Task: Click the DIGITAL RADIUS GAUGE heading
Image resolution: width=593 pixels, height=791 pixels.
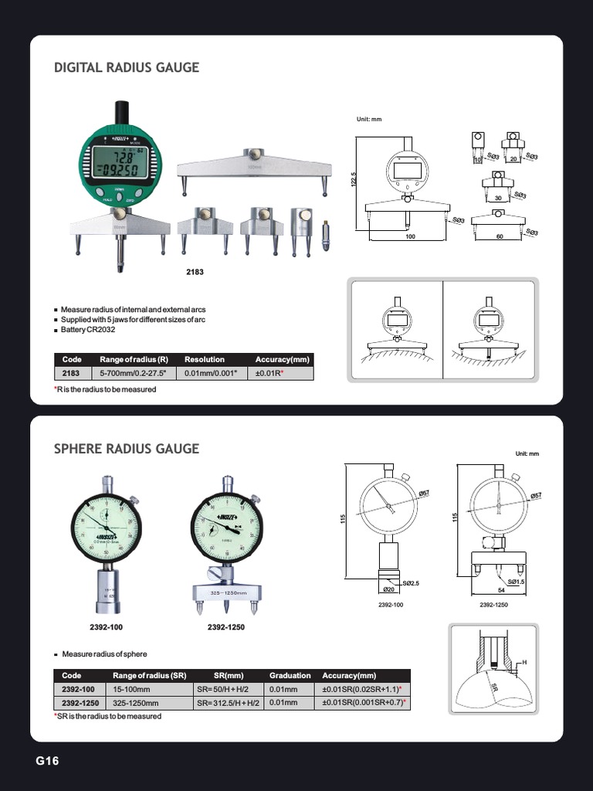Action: click(127, 68)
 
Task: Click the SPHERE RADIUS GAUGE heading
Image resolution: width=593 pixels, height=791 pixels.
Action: click(127, 449)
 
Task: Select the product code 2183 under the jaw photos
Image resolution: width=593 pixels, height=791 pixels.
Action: click(195, 273)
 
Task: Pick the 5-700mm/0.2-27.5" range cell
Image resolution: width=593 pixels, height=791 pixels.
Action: click(129, 374)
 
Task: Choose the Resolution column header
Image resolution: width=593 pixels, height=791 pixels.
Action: click(205, 360)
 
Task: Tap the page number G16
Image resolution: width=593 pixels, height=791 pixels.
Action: click(47, 761)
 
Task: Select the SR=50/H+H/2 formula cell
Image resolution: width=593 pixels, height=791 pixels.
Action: click(229, 689)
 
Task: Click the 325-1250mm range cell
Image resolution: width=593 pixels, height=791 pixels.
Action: click(135, 704)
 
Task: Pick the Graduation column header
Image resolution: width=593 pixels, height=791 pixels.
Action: click(290, 675)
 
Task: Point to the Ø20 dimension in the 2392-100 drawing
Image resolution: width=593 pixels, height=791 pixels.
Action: click(388, 589)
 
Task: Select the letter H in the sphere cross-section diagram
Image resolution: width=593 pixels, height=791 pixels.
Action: click(524, 664)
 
